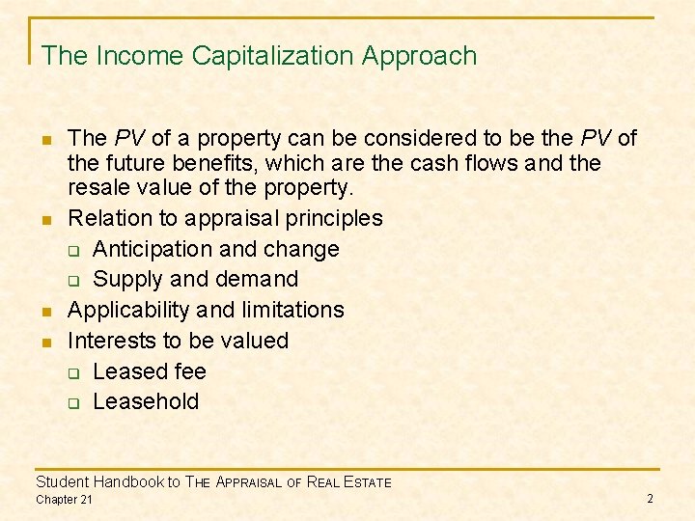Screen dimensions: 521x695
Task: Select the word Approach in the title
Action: [x=419, y=56]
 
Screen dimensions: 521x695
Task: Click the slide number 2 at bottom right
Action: [x=650, y=498]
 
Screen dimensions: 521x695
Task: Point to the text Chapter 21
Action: [x=64, y=499]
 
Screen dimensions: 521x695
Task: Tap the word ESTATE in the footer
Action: [x=363, y=482]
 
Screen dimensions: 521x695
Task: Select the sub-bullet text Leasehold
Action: [x=146, y=401]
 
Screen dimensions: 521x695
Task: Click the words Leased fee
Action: [x=150, y=371]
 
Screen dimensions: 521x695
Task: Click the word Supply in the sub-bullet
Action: [x=127, y=280]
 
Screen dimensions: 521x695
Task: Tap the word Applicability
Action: [x=128, y=310]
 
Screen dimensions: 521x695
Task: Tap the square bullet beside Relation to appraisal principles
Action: [x=46, y=220]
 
